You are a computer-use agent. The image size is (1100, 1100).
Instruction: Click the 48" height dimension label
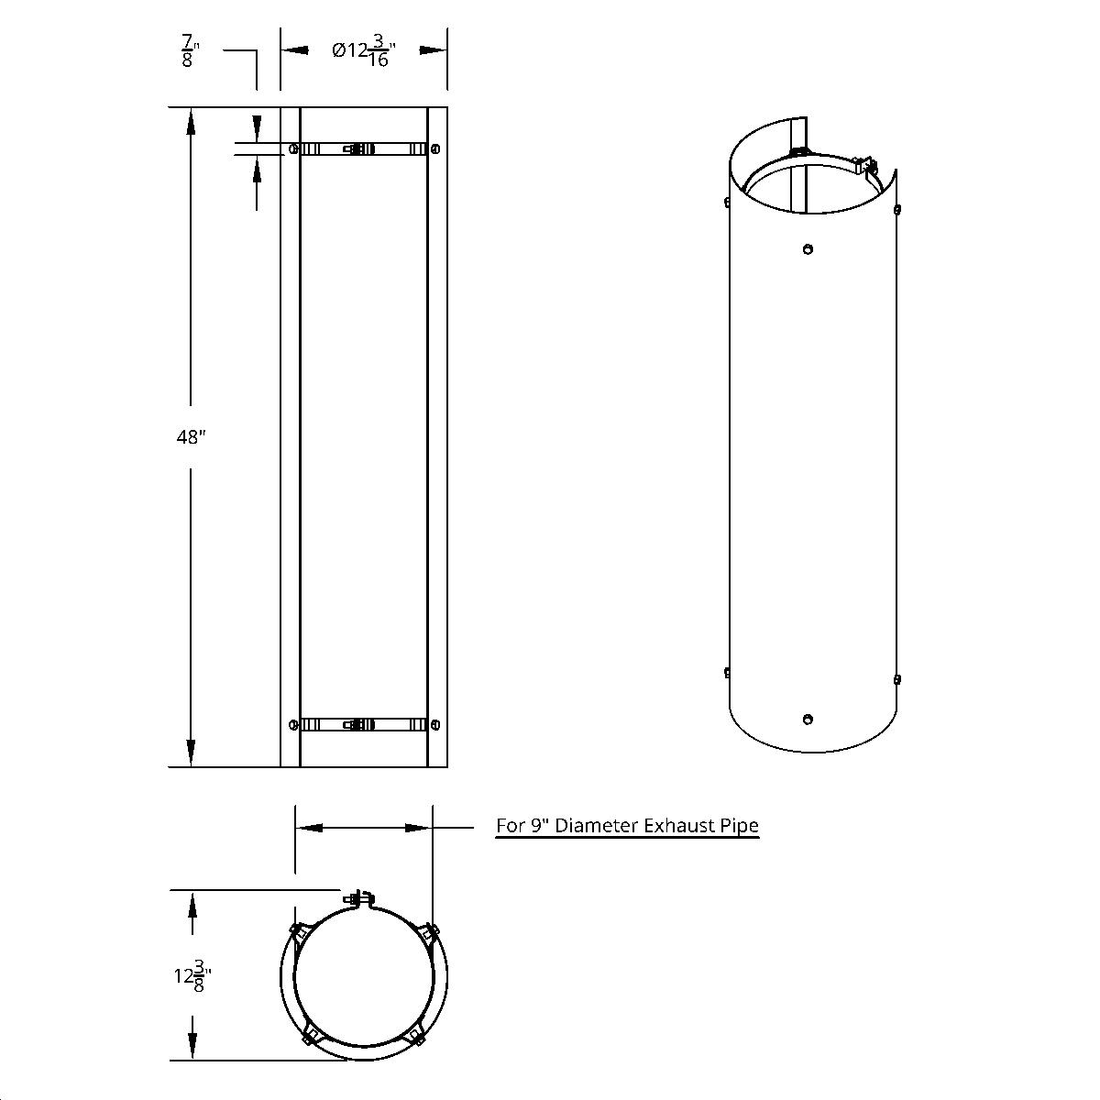(190, 437)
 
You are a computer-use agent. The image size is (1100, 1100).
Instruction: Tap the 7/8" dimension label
(189, 51)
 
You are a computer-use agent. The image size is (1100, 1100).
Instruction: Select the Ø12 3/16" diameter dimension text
(363, 51)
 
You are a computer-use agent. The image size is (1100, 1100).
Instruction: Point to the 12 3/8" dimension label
(188, 975)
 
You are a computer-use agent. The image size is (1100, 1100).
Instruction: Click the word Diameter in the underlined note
(595, 825)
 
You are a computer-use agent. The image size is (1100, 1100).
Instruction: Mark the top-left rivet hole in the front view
(292, 148)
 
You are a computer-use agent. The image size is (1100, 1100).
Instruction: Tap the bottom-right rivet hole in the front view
(434, 724)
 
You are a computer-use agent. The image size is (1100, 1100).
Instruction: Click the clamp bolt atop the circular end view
(360, 898)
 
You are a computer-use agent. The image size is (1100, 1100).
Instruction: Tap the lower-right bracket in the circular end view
(416, 1036)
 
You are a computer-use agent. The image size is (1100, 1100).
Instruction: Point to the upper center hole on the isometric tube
(808, 248)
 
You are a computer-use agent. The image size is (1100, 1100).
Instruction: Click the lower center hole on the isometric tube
(808, 719)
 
